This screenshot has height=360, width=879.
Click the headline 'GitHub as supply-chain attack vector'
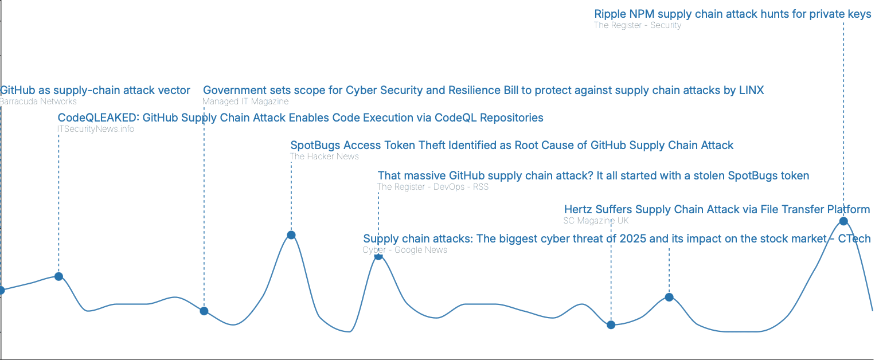click(95, 91)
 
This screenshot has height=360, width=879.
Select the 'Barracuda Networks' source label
click(38, 101)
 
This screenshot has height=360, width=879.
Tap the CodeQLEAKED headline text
click(300, 118)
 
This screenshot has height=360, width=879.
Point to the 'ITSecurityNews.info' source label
click(96, 129)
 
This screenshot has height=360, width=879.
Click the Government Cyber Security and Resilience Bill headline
click(483, 91)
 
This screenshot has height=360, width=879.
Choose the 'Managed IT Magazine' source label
click(245, 101)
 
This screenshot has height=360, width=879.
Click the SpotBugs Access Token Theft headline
click(512, 146)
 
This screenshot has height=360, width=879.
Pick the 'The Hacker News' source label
click(325, 156)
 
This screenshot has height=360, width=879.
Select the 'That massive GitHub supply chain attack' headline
click(593, 175)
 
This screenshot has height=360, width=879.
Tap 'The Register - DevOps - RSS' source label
click(433, 187)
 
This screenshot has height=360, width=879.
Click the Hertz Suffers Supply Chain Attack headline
click(717, 209)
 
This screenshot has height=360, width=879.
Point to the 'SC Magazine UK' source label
click(596, 220)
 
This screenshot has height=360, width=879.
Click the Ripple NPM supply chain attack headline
click(733, 14)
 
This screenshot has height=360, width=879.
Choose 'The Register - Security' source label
click(638, 25)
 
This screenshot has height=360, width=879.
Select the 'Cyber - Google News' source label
click(405, 250)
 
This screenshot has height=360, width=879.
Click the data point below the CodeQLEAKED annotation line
click(59, 276)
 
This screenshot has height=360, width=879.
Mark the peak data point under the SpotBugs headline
click(291, 235)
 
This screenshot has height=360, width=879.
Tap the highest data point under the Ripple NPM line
click(843, 221)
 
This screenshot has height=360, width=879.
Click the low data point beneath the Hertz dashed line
click(611, 324)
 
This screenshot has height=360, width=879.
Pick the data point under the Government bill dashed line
click(204, 311)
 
